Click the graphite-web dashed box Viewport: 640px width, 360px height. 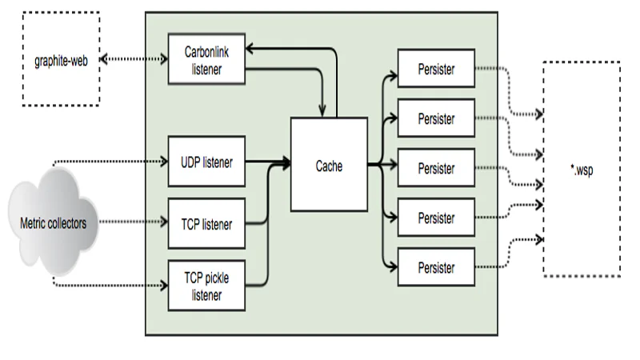pos(60,58)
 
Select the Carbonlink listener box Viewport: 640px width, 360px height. pos(206,59)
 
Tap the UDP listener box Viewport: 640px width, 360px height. pos(206,162)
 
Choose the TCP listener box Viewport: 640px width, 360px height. pos(206,225)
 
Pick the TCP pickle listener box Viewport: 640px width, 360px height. pos(206,286)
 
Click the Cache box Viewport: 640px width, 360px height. pos(329,166)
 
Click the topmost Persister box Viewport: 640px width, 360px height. pos(436,70)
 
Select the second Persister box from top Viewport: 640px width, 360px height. pos(436,119)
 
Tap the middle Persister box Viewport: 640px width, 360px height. pos(436,169)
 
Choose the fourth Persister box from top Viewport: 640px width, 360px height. pos(436,218)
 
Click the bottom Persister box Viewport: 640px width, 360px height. pos(436,268)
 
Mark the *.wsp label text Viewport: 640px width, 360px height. pos(581,170)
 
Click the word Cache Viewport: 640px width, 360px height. pos(329,166)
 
